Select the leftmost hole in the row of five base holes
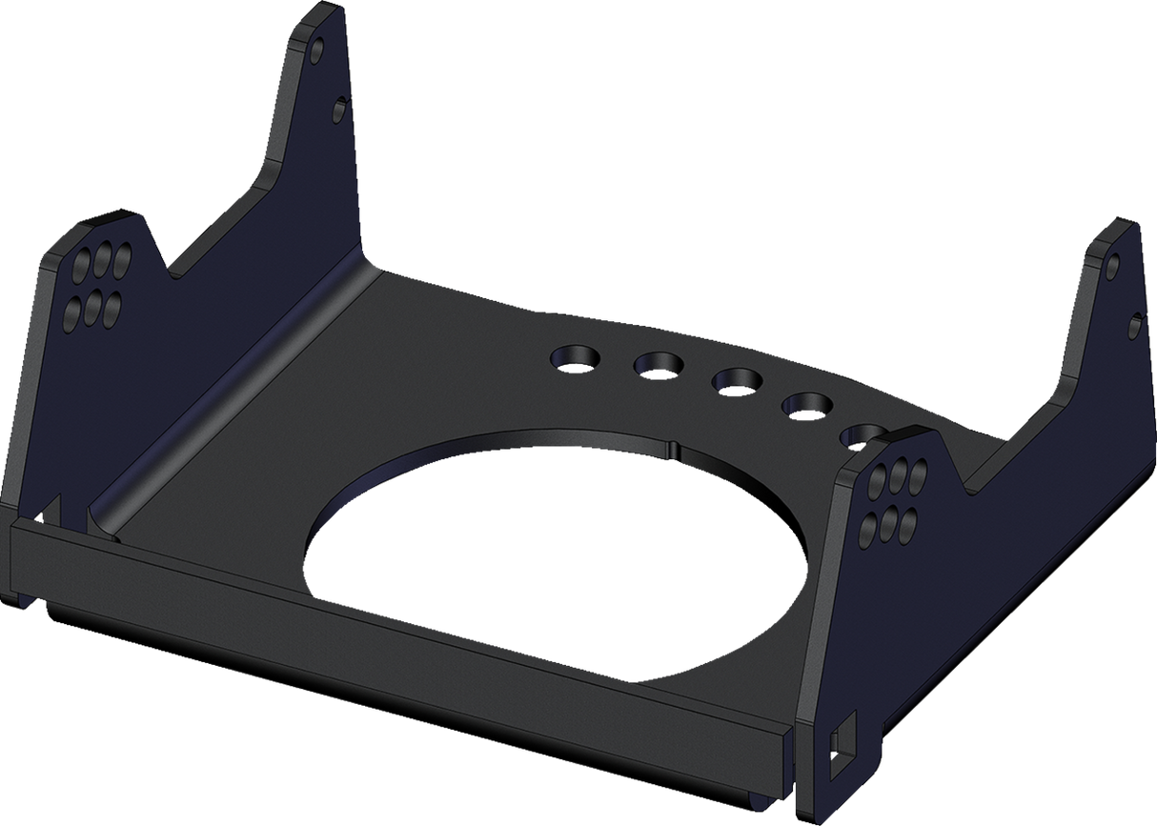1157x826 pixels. tap(576, 357)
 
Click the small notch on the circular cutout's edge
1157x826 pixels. tap(673, 445)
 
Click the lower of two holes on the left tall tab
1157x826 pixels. tap(338, 111)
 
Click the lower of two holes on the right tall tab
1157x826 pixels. tap(1134, 327)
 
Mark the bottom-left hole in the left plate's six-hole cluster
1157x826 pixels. tap(71, 312)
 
